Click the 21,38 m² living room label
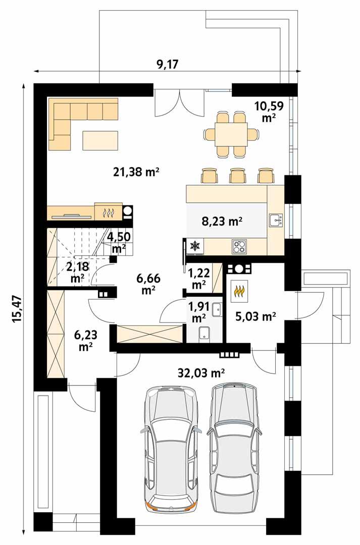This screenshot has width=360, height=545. [136, 172]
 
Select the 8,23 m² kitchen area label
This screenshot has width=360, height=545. [222, 221]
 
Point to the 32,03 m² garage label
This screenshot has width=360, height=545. [201, 373]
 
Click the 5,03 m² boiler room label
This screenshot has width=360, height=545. [255, 316]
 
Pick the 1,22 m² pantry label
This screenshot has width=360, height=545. [199, 278]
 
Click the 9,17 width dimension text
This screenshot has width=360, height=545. [167, 64]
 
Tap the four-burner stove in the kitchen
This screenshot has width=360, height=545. [239, 247]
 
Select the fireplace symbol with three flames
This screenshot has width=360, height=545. [108, 212]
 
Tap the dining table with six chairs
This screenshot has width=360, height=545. [232, 134]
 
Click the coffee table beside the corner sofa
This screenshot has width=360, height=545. [101, 140]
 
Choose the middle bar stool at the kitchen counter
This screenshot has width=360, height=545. [237, 176]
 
